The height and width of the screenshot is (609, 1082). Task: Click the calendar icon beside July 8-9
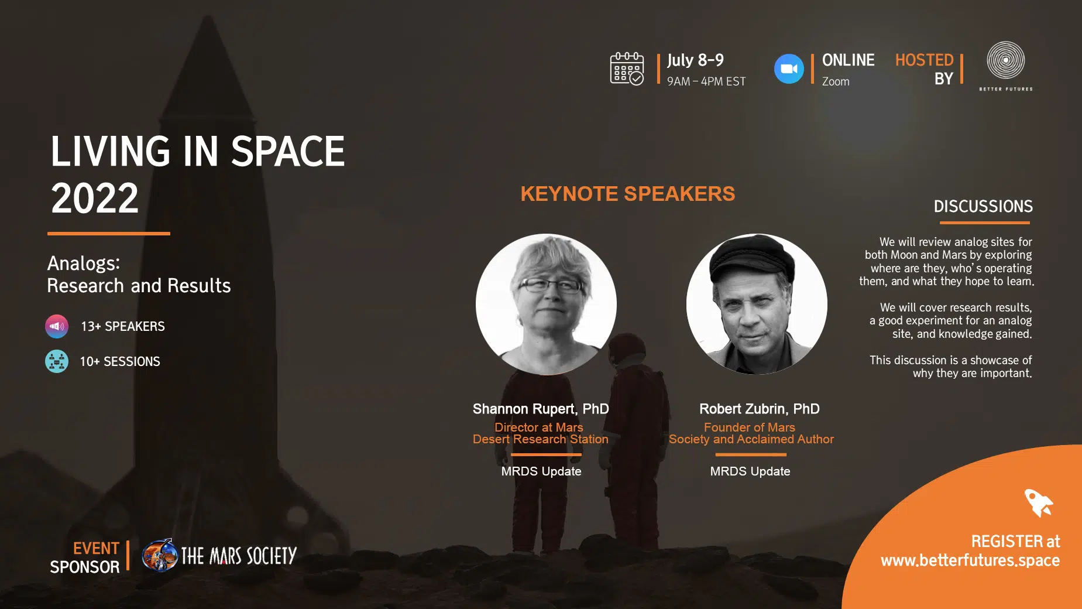(627, 69)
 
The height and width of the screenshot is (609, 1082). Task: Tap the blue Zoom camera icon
(789, 69)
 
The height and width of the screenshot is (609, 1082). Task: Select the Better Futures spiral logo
(1006, 60)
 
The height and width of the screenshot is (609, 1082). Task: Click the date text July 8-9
(695, 60)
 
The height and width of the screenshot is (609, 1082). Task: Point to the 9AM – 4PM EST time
(706, 81)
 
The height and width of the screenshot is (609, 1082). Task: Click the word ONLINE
(848, 60)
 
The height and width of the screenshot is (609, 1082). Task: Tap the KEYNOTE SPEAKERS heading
(627, 194)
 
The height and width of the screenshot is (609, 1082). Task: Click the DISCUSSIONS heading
(983, 206)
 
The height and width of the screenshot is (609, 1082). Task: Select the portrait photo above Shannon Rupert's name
(546, 304)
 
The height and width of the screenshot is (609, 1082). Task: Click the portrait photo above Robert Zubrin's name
(757, 304)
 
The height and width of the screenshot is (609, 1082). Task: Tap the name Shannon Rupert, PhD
(541, 409)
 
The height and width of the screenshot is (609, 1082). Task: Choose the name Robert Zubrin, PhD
(759, 409)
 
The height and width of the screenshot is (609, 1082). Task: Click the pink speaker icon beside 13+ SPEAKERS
(57, 326)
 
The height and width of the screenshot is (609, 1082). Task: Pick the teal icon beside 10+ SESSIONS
(57, 361)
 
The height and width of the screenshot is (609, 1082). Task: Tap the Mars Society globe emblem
(160, 555)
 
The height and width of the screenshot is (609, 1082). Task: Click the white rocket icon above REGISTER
(1039, 502)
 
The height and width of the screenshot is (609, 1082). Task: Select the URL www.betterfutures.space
(970, 560)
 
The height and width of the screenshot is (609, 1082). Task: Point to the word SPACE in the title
(288, 151)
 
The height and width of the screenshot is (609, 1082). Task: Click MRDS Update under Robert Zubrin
(750, 471)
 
